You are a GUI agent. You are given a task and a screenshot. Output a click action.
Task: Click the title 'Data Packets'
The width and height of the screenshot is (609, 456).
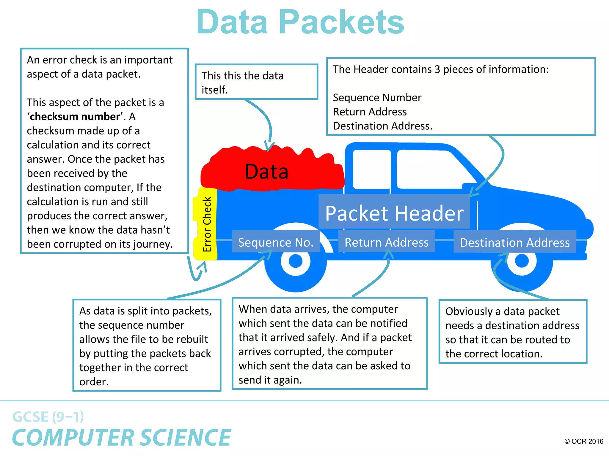[x=300, y=22]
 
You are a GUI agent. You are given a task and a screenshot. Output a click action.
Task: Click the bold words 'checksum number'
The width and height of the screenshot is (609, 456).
[x=75, y=117]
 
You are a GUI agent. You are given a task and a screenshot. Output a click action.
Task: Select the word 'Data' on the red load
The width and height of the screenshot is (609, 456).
[x=266, y=172]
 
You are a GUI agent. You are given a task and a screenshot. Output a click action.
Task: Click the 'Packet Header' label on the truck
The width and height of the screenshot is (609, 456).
[x=394, y=213]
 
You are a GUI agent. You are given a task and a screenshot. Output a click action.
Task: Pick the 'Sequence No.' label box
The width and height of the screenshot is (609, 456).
[x=276, y=242]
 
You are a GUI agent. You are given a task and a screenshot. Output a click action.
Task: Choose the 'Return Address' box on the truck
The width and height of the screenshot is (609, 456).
[x=386, y=242]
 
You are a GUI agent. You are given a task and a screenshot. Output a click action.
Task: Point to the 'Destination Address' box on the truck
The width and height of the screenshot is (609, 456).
[x=514, y=243]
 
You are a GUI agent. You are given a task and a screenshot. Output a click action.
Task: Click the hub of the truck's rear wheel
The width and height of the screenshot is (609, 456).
[x=295, y=261]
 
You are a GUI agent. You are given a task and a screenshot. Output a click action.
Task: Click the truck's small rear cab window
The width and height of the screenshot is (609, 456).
[x=371, y=169]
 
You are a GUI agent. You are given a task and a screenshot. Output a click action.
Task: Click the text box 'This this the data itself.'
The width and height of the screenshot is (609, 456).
[x=256, y=82]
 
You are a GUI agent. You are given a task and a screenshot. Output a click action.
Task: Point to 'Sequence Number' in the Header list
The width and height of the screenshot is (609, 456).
[x=377, y=98]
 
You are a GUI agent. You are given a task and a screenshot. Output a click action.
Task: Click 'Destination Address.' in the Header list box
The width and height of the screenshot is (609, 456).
[x=382, y=126]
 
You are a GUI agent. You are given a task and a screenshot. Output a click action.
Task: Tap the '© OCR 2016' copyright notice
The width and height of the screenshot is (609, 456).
[x=583, y=441]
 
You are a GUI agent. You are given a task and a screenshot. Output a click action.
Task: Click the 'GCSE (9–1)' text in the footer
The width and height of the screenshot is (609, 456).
[x=48, y=417]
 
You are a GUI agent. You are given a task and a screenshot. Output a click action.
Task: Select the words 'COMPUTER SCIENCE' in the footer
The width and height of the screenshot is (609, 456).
[x=121, y=438]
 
